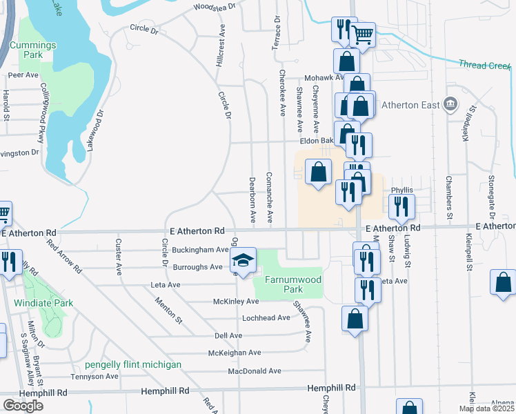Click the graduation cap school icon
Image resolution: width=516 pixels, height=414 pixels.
pyautogui.click(x=241, y=261)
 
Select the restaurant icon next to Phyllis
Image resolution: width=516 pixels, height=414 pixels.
pyautogui.click(x=401, y=206)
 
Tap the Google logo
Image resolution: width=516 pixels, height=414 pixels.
pyautogui.click(x=23, y=406)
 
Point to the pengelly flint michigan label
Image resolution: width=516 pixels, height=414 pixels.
pyautogui.click(x=133, y=364)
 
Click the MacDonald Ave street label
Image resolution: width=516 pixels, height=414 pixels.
pyautogui.click(x=255, y=371)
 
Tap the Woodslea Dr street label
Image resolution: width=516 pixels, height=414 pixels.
pyautogui.click(x=214, y=7)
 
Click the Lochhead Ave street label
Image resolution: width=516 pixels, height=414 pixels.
pyautogui.click(x=266, y=318)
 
